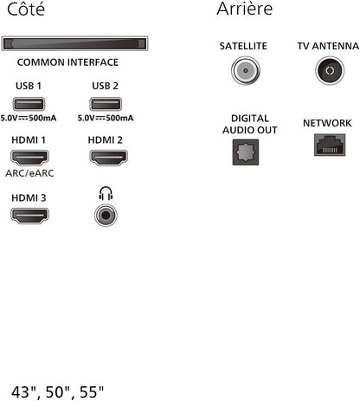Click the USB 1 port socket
29,104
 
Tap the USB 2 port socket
106,104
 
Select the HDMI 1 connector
29,158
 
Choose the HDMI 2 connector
108,158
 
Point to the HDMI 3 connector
29,216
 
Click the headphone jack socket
106,215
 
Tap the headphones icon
106,193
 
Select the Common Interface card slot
74,43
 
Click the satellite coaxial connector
246,71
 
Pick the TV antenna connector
330,71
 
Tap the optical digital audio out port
246,152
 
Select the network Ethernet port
330,145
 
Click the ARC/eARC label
29,173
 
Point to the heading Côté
26,9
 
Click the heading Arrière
245,9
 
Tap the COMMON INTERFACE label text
67,62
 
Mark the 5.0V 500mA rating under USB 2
106,118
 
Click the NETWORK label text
327,123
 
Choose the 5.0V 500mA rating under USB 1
29,118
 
